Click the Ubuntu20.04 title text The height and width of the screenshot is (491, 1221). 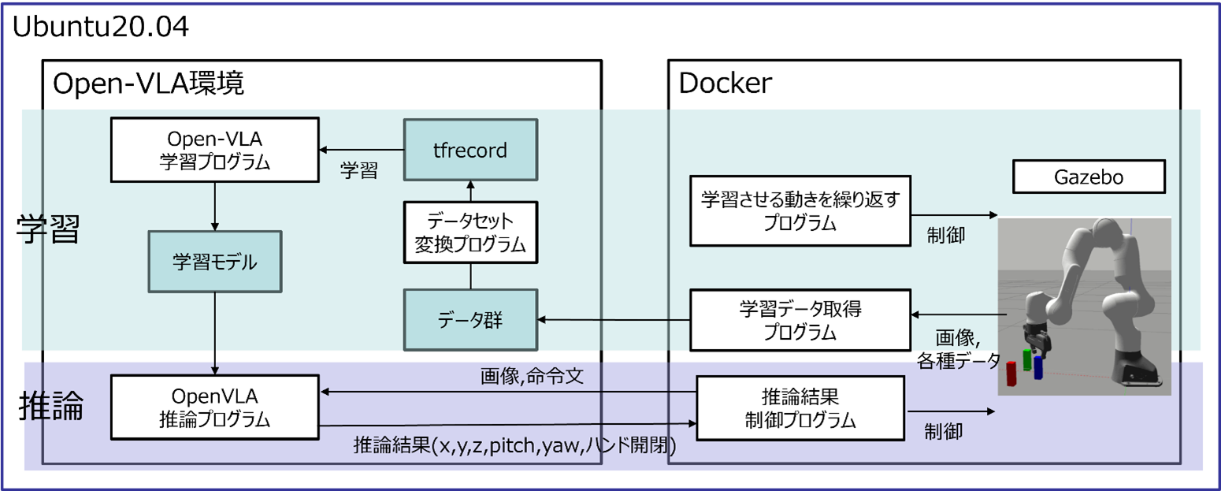[101, 27]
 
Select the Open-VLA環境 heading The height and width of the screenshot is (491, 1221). [148, 83]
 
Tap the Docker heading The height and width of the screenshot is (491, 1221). [725, 83]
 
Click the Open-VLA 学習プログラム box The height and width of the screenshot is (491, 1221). [213, 149]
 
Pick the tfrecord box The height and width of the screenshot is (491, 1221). [470, 150]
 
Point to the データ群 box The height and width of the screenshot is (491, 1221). [470, 319]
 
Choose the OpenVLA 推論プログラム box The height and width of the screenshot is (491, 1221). [213, 407]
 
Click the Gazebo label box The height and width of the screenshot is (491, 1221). [1088, 178]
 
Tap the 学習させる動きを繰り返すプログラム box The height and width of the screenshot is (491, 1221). [800, 210]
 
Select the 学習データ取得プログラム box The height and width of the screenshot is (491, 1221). [800, 320]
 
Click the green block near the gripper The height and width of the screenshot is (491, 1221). [1027, 359]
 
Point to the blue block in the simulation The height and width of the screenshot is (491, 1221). [1037, 368]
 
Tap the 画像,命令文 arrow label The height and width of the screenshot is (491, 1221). [531, 377]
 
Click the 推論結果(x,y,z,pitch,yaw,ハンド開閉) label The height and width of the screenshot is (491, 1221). [514, 446]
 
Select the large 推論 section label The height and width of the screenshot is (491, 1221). [50, 408]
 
